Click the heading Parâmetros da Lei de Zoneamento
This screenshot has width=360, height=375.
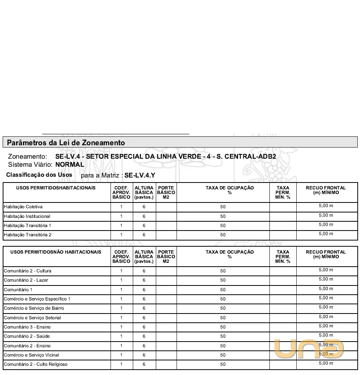coord(66,143)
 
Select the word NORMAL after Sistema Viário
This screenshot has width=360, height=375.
coord(69,164)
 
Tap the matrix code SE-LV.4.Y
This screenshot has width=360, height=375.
coord(140,175)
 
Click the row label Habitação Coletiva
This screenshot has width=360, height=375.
coord(23,207)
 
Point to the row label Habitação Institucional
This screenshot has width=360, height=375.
coord(27,216)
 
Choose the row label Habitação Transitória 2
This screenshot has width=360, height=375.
coord(27,235)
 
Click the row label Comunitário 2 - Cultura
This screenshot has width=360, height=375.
coord(27,271)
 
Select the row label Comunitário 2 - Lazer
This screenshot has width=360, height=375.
coord(26,280)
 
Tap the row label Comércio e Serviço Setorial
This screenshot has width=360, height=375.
coord(32,318)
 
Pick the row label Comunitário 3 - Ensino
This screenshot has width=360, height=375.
coord(27,327)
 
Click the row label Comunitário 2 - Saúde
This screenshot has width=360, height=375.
coord(26,336)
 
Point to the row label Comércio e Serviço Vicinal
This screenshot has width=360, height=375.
coord(31,355)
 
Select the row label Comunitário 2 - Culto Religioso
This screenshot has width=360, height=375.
coord(36,364)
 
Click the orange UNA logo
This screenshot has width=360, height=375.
coord(309,348)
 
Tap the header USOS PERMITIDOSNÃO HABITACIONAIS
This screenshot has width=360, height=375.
coord(56,252)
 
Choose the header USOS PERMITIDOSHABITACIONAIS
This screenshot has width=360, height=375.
coord(56,188)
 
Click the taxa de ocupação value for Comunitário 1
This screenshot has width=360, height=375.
coord(223,290)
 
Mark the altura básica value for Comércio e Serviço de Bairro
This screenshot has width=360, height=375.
coord(144,308)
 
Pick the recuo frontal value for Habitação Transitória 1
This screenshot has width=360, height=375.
coord(326,224)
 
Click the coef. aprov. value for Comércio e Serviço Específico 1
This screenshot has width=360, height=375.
coord(121,299)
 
